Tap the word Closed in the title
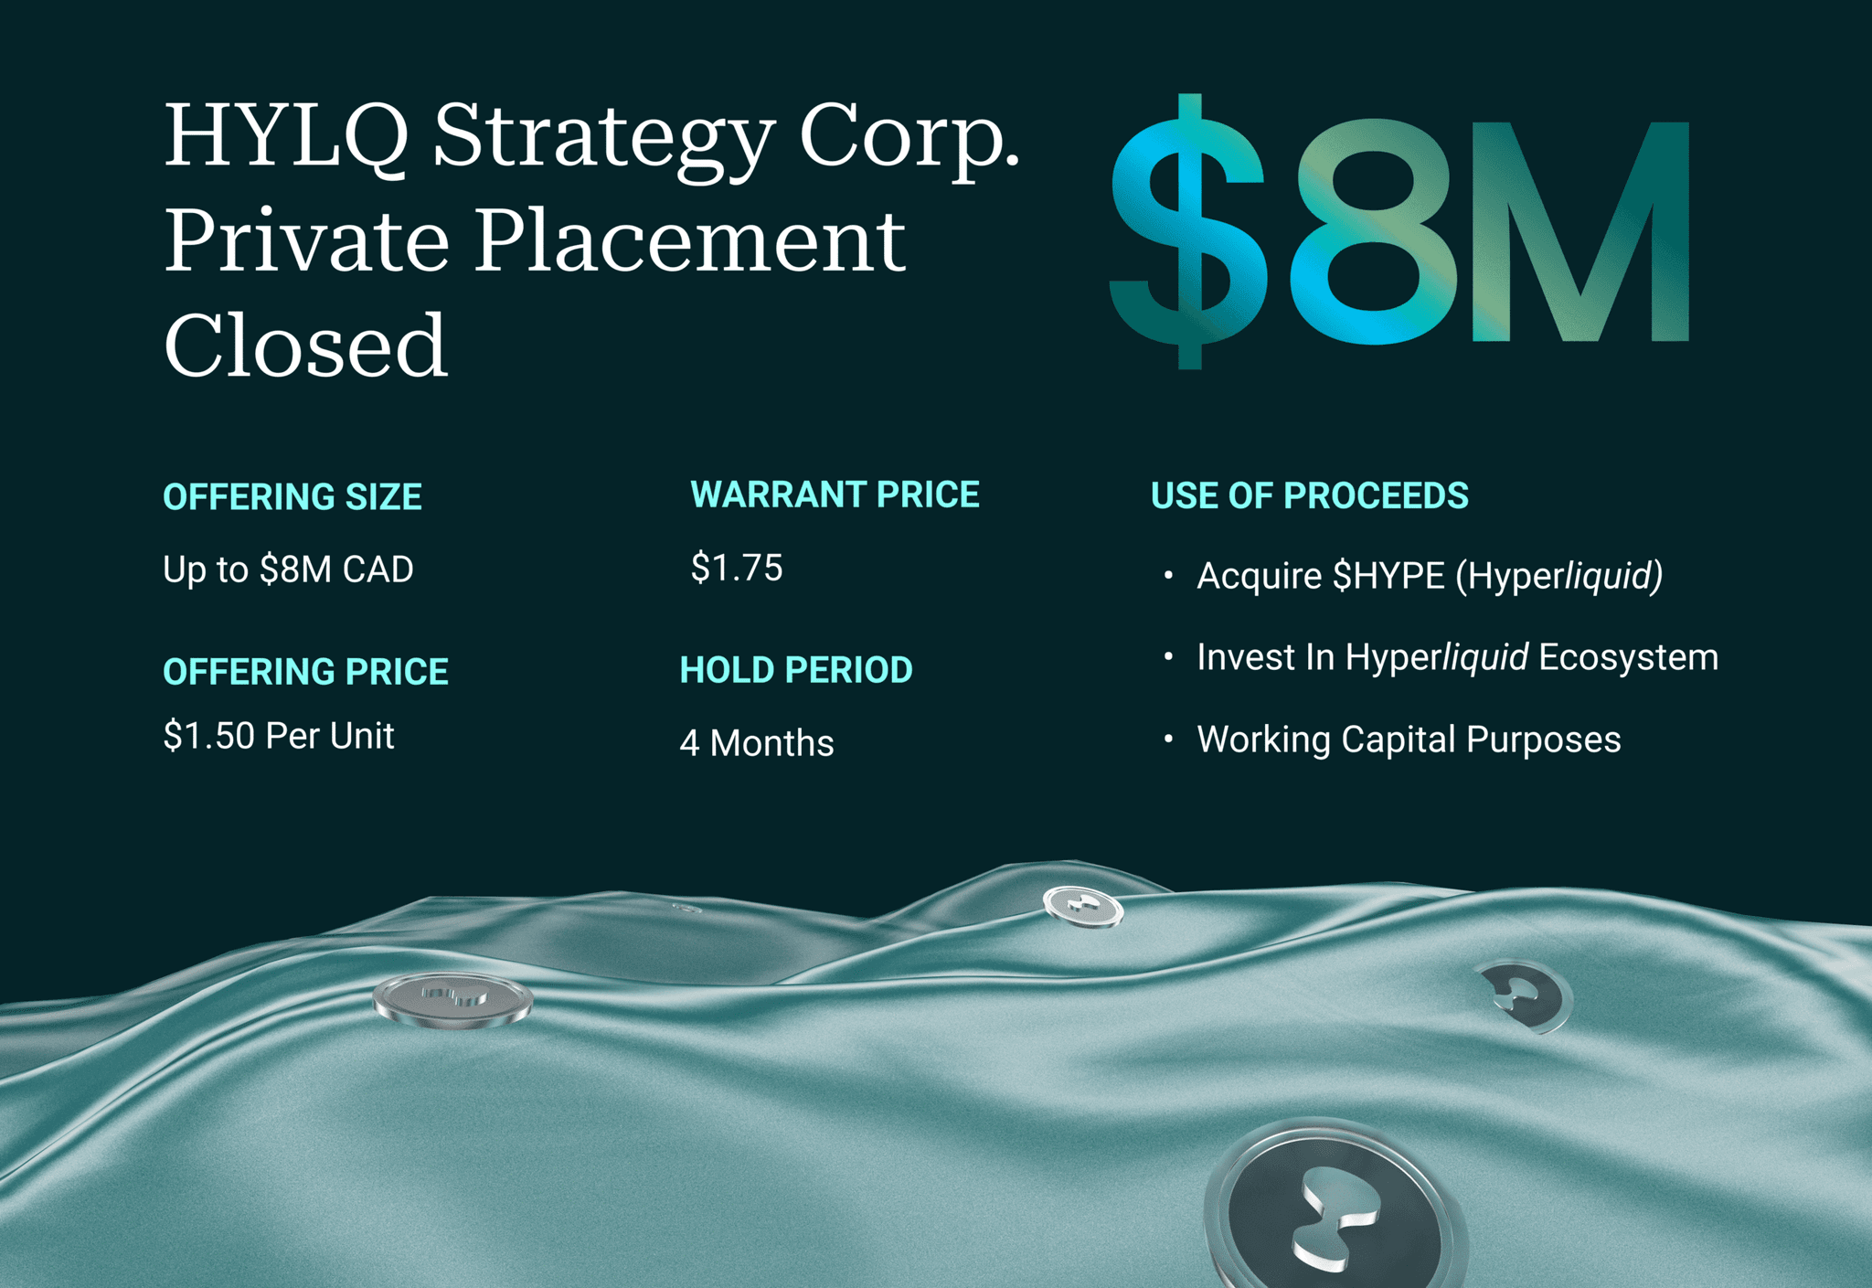click(x=305, y=346)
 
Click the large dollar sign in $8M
click(x=1188, y=232)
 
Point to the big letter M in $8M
click(x=1579, y=232)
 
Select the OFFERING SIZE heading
click(x=292, y=497)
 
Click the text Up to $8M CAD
click(x=288, y=569)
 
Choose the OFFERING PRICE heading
click(x=305, y=672)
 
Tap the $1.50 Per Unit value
click(x=279, y=736)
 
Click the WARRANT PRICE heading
click(x=835, y=495)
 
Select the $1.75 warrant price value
click(x=737, y=568)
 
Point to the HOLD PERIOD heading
click(x=796, y=670)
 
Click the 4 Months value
click(x=757, y=743)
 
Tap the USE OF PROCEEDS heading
click(x=1309, y=495)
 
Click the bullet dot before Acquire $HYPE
click(x=1168, y=575)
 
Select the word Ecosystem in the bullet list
click(x=1628, y=657)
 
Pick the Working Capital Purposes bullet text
click(x=1409, y=740)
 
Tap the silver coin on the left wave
click(x=452, y=1000)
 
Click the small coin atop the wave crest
click(x=1083, y=907)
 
